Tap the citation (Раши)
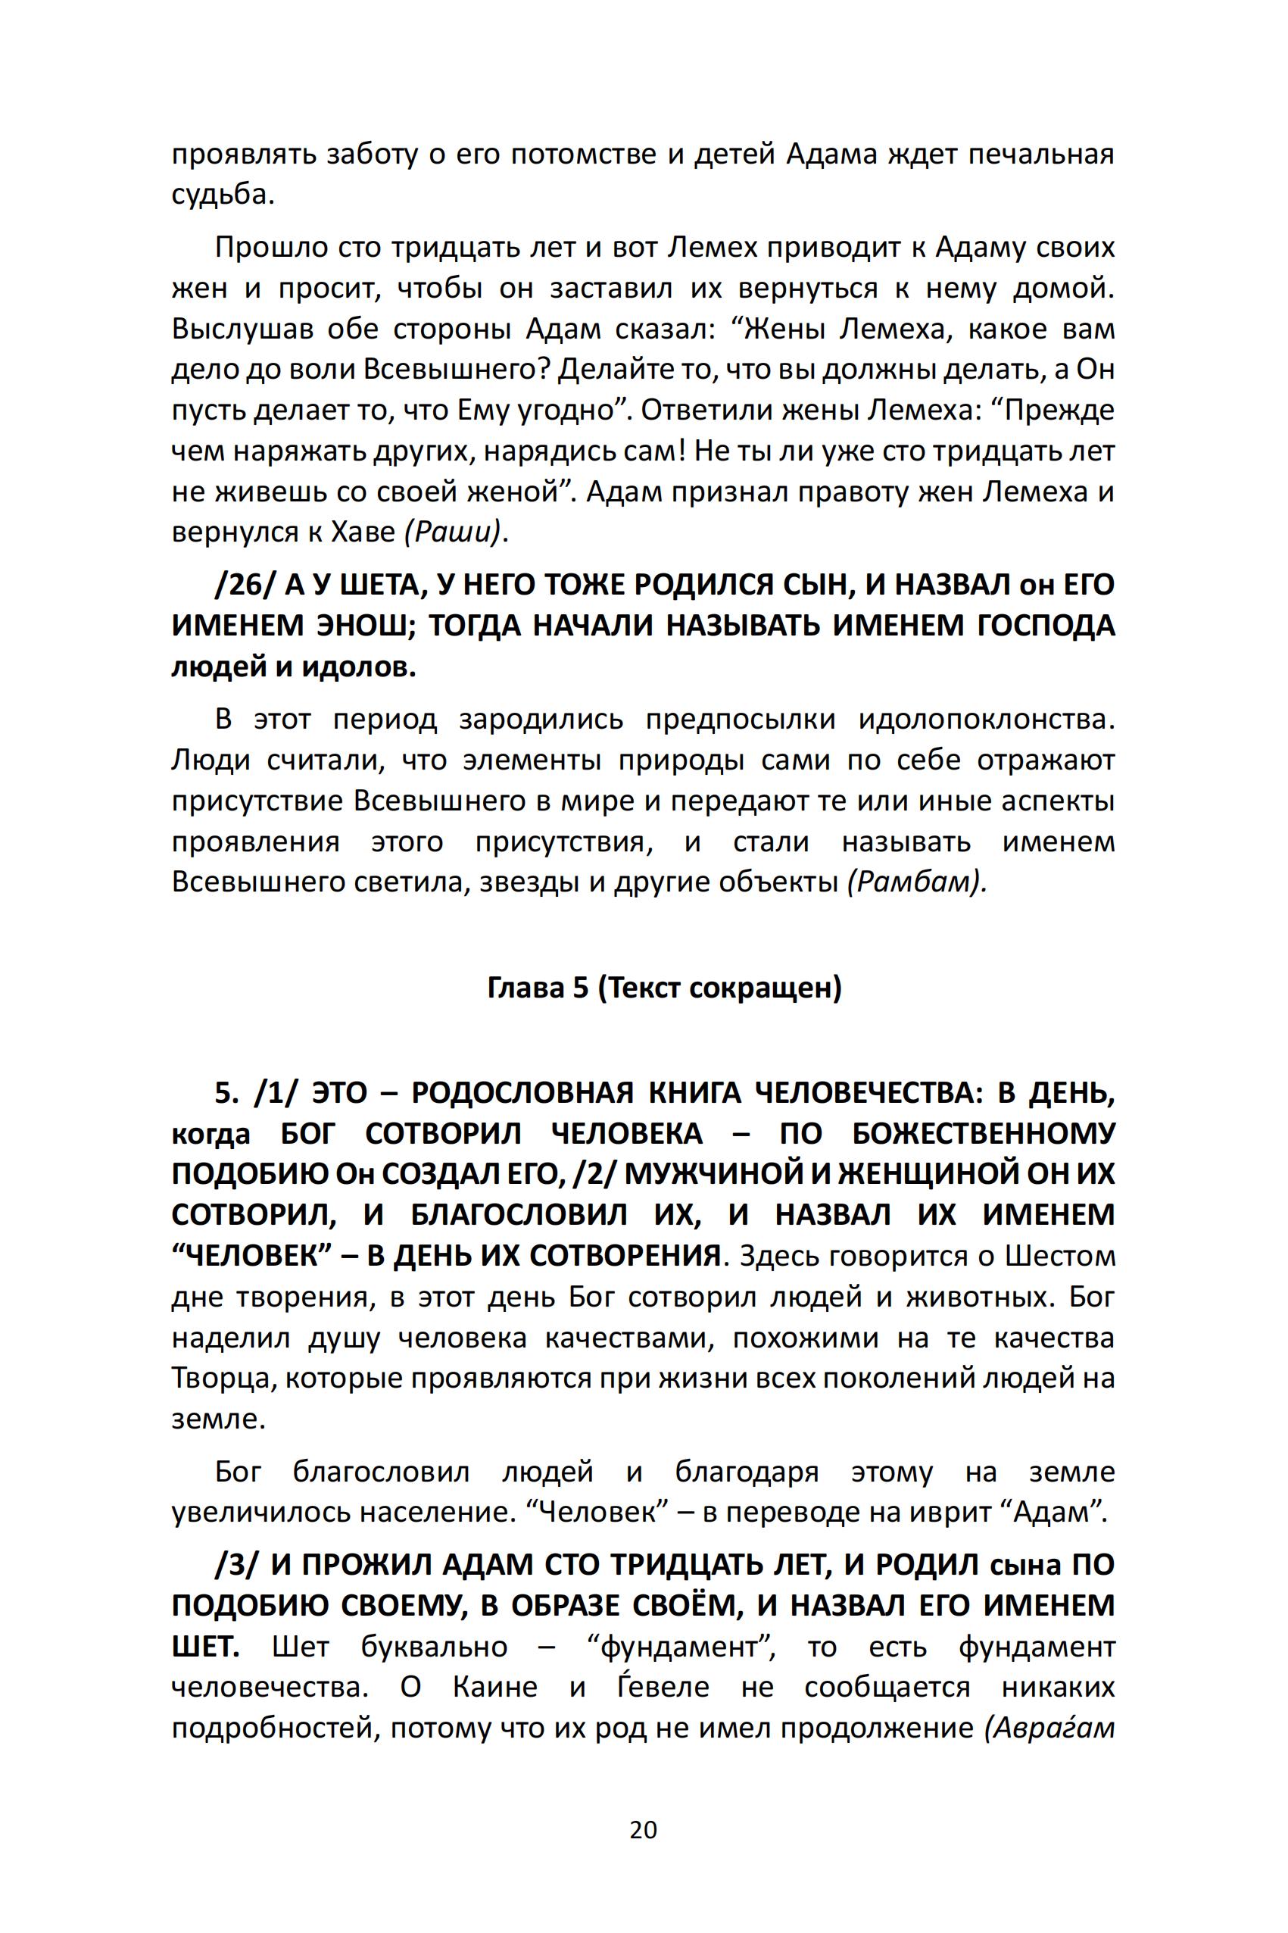tap(454, 533)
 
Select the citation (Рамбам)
tap(917, 882)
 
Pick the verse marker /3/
tap(239, 1565)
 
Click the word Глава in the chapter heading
tap(525, 988)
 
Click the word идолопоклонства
tap(987, 720)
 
